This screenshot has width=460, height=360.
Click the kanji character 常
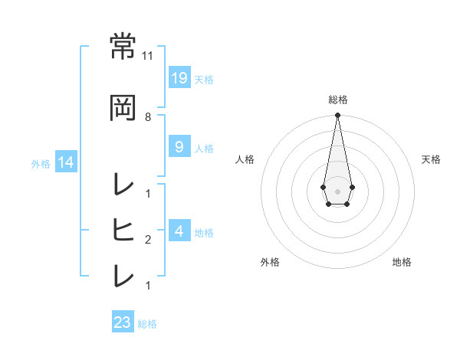click(123, 47)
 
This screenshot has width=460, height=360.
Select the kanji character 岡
click(123, 107)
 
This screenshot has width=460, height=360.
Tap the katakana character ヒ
click(123, 229)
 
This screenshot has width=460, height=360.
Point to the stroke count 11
click(148, 56)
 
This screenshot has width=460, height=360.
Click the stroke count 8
click(148, 116)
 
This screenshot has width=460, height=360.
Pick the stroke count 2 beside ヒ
click(148, 239)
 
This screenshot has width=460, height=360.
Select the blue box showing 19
click(179, 77)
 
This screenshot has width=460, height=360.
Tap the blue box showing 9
click(179, 148)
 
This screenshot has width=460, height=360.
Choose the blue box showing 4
click(179, 231)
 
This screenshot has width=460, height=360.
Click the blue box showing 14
click(65, 162)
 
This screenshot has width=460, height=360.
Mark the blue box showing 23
click(122, 322)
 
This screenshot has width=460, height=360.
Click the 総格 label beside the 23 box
click(147, 324)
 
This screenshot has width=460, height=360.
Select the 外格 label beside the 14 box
click(41, 163)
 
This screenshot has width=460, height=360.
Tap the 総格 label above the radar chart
click(337, 100)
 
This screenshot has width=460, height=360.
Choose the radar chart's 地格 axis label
click(402, 262)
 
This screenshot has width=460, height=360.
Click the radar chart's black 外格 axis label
click(270, 262)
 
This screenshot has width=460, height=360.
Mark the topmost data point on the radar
click(337, 116)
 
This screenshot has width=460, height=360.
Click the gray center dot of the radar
click(337, 191)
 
